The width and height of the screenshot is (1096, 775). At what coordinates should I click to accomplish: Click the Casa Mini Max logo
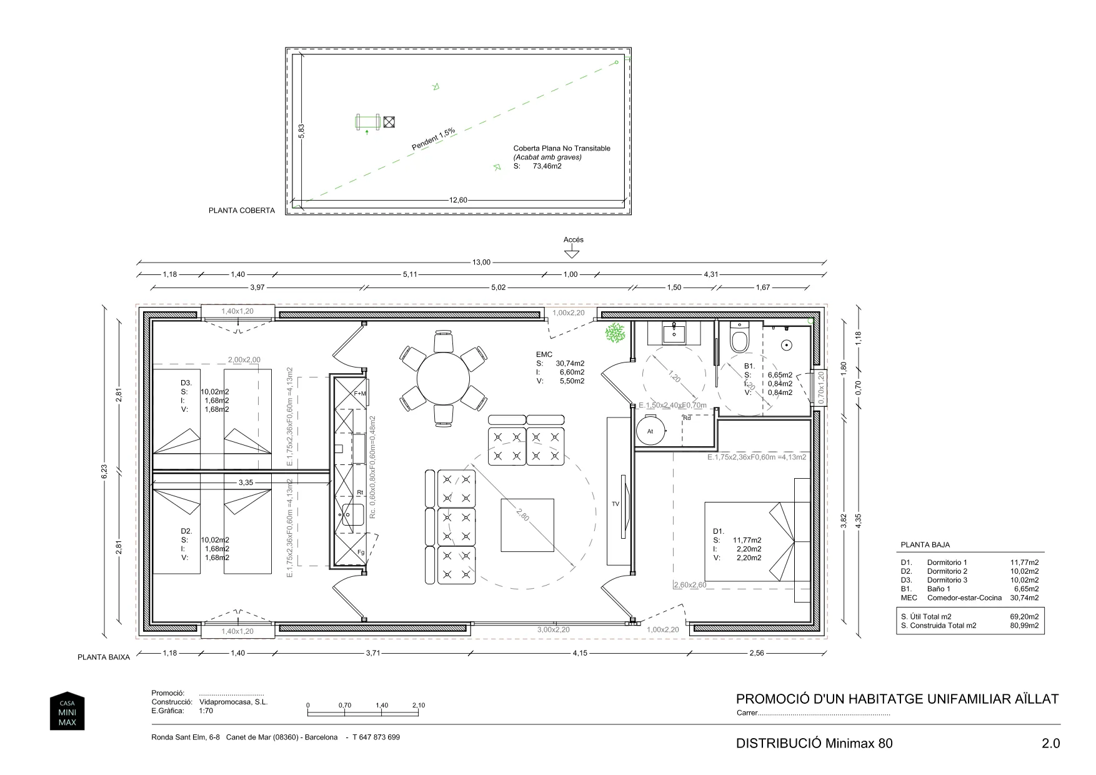67,711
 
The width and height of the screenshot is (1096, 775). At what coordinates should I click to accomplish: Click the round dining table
443,379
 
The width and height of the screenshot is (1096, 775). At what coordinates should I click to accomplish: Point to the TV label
615,504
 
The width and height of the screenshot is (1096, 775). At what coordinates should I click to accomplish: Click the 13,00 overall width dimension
481,262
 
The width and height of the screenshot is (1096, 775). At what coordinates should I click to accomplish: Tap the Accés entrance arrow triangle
570,254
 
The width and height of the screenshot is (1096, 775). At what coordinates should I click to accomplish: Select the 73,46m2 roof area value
547,166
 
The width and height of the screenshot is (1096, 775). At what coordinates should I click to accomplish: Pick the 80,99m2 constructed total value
1024,625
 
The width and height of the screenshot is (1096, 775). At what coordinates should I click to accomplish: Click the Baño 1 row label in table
939,589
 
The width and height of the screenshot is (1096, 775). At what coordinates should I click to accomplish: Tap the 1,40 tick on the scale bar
382,705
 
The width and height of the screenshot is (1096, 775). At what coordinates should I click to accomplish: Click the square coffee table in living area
527,525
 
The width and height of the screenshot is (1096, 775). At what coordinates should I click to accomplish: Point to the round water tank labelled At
650,431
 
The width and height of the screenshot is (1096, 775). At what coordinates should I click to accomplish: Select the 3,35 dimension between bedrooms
246,482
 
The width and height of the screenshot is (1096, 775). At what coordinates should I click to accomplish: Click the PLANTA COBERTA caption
241,211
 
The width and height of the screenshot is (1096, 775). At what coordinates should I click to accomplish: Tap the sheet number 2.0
1050,743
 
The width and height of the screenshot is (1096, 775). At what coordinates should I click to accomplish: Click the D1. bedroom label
719,531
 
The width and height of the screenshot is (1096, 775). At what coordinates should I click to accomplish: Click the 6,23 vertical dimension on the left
104,472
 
